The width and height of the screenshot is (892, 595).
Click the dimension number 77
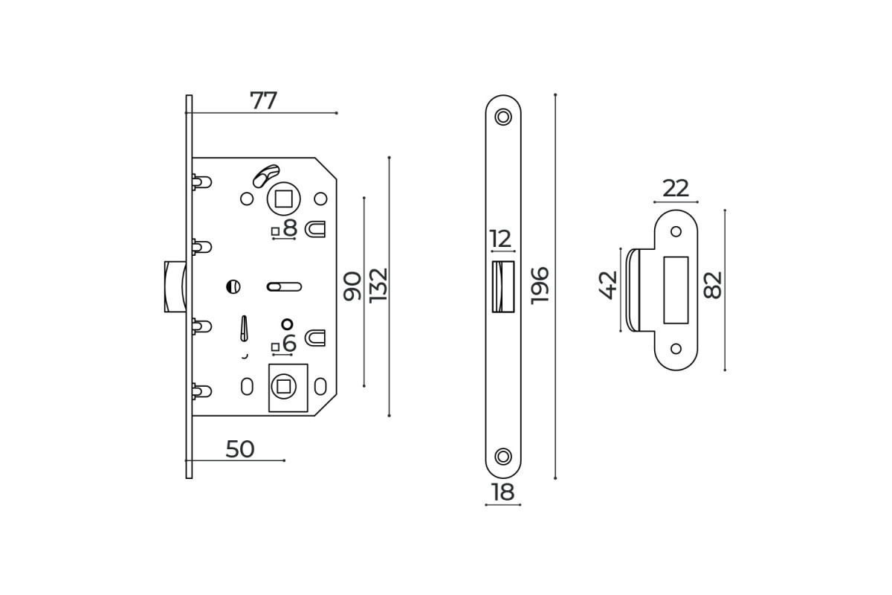pyautogui.click(x=263, y=101)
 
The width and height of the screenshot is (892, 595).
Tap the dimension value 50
pyautogui.click(x=239, y=449)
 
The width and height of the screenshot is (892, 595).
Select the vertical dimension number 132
pyautogui.click(x=378, y=286)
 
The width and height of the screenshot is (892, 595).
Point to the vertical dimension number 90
pyautogui.click(x=352, y=286)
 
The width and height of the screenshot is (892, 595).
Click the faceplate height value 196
pyautogui.click(x=540, y=286)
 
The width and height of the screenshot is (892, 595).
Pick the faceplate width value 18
pyautogui.click(x=503, y=492)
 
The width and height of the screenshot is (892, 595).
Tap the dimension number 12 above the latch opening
pyautogui.click(x=500, y=239)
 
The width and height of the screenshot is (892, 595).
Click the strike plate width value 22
pyautogui.click(x=676, y=188)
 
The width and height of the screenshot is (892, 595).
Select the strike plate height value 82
pyautogui.click(x=712, y=285)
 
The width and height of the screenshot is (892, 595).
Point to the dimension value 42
pyautogui.click(x=608, y=285)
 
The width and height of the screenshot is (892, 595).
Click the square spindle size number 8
pyautogui.click(x=291, y=228)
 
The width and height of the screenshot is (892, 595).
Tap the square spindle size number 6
pyautogui.click(x=289, y=344)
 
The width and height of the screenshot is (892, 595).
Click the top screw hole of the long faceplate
pyautogui.click(x=503, y=118)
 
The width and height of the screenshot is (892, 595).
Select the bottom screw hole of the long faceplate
pyautogui.click(x=503, y=457)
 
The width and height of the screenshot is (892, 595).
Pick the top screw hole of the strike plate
pyautogui.click(x=676, y=231)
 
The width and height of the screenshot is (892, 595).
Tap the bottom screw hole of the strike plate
pyautogui.click(x=676, y=348)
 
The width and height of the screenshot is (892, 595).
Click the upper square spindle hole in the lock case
pyautogui.click(x=283, y=199)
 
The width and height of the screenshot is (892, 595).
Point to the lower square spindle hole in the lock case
pyautogui.click(x=283, y=386)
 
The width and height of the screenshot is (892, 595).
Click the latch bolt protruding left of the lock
pyautogui.click(x=175, y=286)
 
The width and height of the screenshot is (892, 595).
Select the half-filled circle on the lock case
pyautogui.click(x=233, y=286)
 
